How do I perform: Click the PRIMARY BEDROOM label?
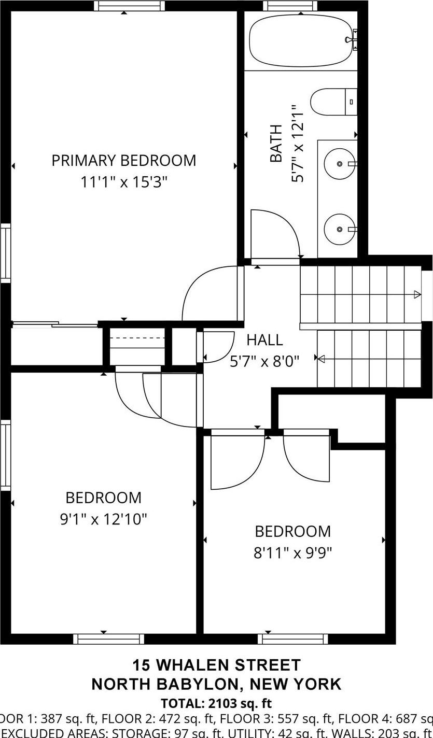tap(123, 160)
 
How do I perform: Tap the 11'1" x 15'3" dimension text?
tap(124, 182)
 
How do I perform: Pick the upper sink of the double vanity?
tap(340, 164)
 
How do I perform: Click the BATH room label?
tap(276, 143)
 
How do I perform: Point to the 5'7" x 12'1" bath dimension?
tap(298, 143)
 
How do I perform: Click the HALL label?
tap(264, 340)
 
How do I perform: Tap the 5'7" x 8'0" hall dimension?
tap(264, 361)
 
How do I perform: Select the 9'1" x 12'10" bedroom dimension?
tap(104, 519)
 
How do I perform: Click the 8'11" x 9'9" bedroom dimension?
tap(292, 552)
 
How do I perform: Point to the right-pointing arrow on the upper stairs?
tap(417, 295)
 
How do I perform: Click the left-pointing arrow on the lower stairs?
tap(321, 359)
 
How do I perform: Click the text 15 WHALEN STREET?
tap(216, 665)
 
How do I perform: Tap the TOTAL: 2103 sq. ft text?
tap(216, 703)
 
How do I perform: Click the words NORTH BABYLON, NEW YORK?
tap(216, 684)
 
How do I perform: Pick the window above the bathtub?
tap(290, 6)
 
